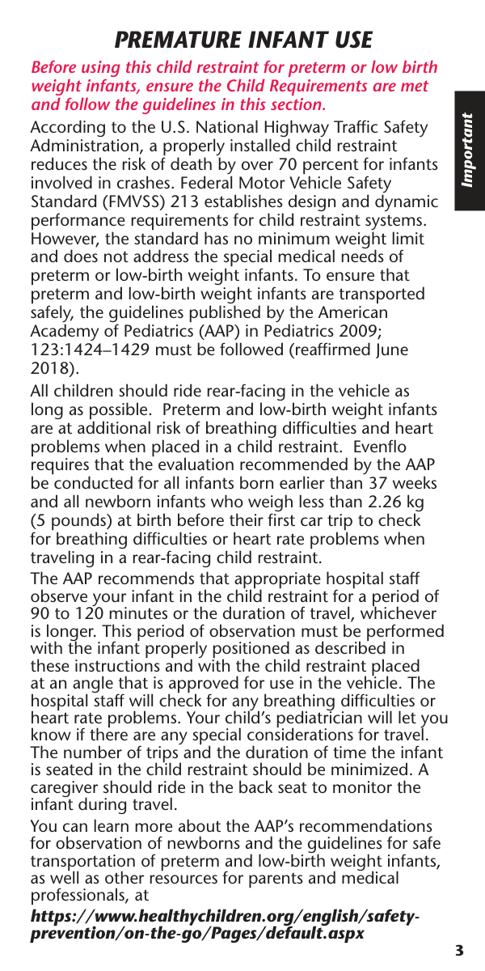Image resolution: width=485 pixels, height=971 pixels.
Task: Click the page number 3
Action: [x=459, y=950]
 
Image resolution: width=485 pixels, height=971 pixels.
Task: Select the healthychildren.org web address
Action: [x=225, y=925]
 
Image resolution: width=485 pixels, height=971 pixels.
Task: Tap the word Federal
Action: [x=213, y=183]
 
